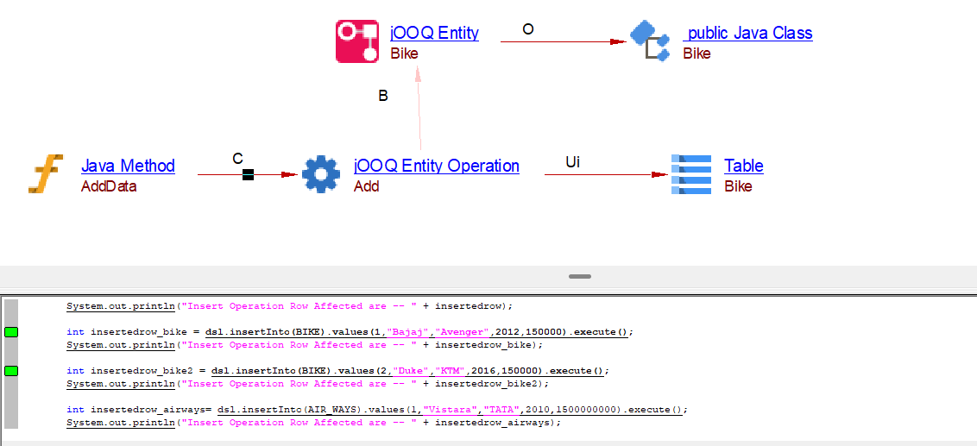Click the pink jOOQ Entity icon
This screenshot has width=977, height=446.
tap(356, 41)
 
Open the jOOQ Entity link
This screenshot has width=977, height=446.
tap(434, 34)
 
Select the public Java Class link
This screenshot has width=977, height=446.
tap(748, 34)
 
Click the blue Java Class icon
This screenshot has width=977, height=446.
tap(650, 41)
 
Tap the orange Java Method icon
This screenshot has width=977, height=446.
tap(46, 173)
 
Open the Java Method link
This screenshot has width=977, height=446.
tap(128, 166)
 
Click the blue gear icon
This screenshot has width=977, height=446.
tap(321, 174)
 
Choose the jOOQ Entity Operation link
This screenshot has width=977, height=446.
tap(437, 166)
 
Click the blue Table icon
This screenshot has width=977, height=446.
tap(691, 174)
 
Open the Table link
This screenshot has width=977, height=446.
tap(743, 166)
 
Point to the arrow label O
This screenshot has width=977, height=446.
tap(528, 29)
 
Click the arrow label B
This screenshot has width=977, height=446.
tap(383, 96)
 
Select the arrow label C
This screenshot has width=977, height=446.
tap(238, 159)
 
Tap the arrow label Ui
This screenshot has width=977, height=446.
tap(572, 161)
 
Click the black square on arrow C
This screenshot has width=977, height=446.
tap(248, 175)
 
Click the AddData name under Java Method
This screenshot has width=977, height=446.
tap(109, 186)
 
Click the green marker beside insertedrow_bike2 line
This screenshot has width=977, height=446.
tap(11, 371)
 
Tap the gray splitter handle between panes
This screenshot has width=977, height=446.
tap(580, 277)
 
